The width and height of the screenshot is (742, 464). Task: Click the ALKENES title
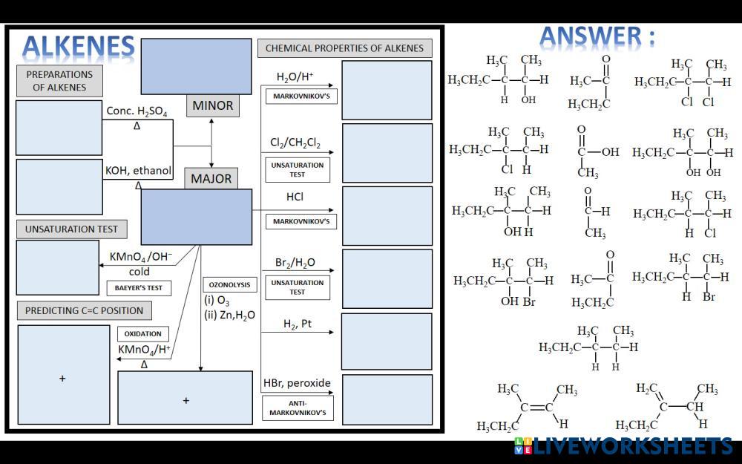click(x=79, y=47)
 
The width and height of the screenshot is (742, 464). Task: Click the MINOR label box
click(x=212, y=105)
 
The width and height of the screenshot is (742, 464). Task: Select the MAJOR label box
click(x=211, y=178)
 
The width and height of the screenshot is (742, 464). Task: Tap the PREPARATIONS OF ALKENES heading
click(x=59, y=81)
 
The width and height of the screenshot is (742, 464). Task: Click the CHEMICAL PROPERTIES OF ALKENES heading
click(x=344, y=48)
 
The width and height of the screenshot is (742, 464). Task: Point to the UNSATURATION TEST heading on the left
click(x=71, y=229)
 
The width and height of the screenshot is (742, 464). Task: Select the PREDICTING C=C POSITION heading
click(x=84, y=310)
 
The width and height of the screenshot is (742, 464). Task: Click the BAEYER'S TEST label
click(x=139, y=287)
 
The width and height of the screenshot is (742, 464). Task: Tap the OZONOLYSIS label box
click(x=230, y=284)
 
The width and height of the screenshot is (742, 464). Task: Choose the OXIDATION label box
click(x=143, y=333)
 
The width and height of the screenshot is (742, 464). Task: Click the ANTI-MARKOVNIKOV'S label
click(x=298, y=407)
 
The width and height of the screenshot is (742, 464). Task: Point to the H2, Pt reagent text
click(x=297, y=324)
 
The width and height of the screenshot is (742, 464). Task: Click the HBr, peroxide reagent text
click(x=297, y=383)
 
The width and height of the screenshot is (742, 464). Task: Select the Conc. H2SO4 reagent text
click(x=137, y=111)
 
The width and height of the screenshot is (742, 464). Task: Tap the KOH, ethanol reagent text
click(x=138, y=170)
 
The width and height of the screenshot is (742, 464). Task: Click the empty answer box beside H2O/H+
click(x=387, y=90)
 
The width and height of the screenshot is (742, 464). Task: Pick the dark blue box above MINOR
click(x=196, y=66)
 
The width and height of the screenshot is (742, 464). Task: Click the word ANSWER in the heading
click(x=589, y=37)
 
